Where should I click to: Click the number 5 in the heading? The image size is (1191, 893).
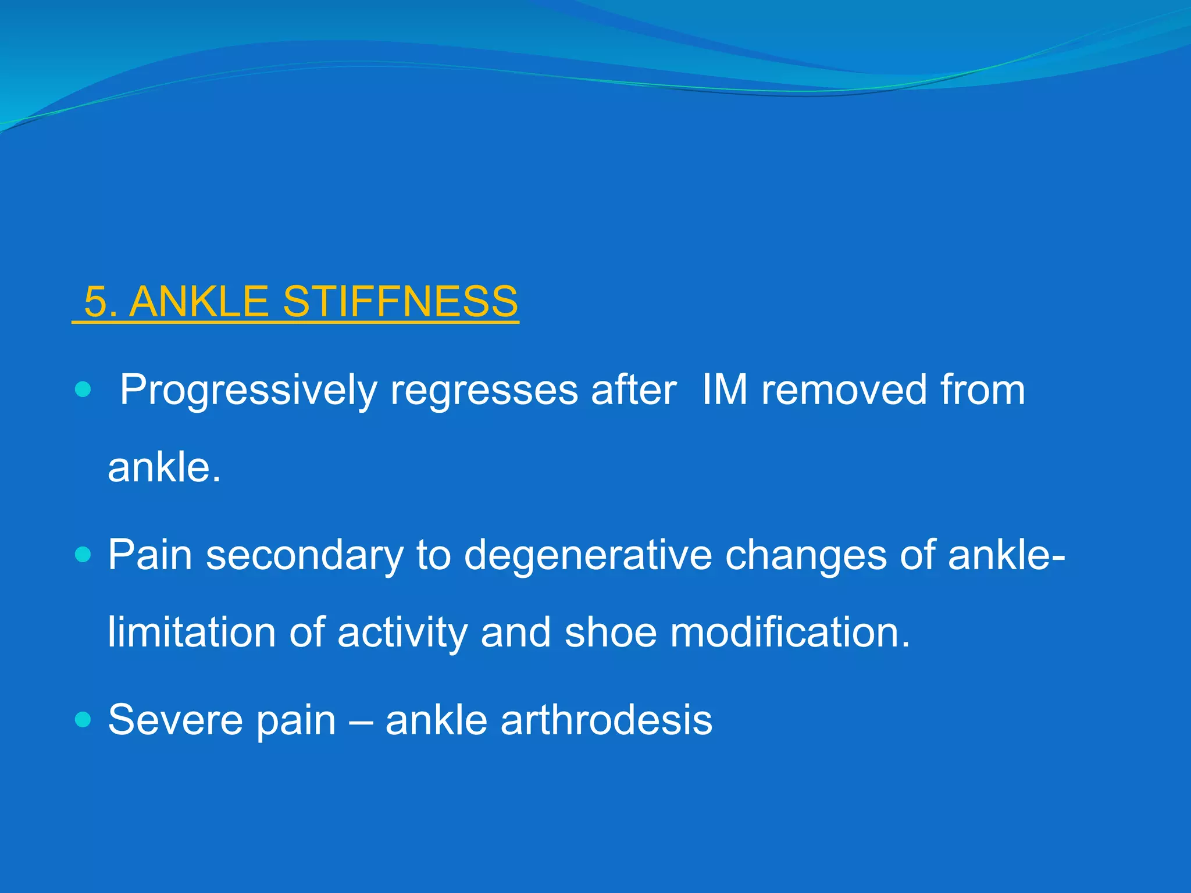click(x=96, y=302)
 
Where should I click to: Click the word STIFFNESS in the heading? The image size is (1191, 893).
click(x=400, y=302)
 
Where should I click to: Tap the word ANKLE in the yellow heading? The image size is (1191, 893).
click(x=199, y=302)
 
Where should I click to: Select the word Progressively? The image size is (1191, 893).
click(x=248, y=391)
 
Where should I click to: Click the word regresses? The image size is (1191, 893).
click(x=484, y=391)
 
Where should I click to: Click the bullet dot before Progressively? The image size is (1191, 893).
click(x=83, y=390)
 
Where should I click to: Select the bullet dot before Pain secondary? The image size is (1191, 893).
click(x=83, y=555)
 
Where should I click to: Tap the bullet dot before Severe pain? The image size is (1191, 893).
click(x=83, y=720)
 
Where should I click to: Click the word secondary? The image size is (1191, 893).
click(x=304, y=556)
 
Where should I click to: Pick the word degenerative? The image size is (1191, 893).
click(x=587, y=556)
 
